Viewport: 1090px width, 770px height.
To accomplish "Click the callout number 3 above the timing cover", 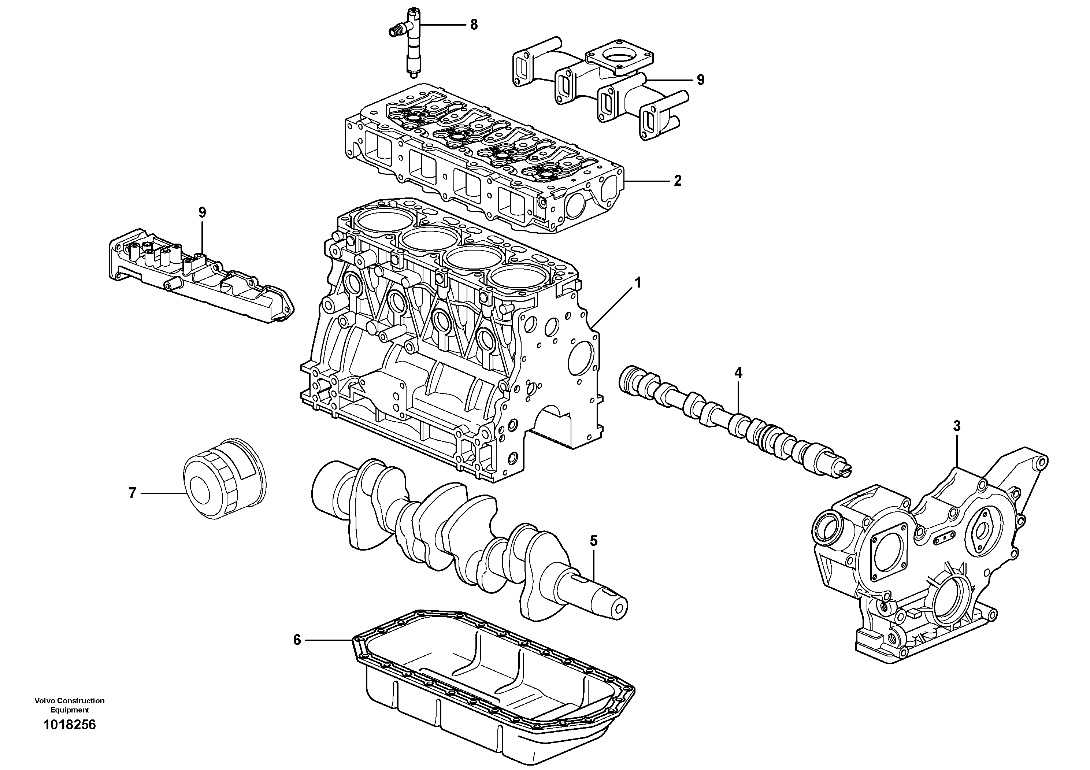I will coord(957,426).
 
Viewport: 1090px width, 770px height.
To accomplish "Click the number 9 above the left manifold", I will coord(202,213).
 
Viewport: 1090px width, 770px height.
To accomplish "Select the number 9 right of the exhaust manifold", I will coord(701,80).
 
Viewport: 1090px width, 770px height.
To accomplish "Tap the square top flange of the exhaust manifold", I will coord(619,62).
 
